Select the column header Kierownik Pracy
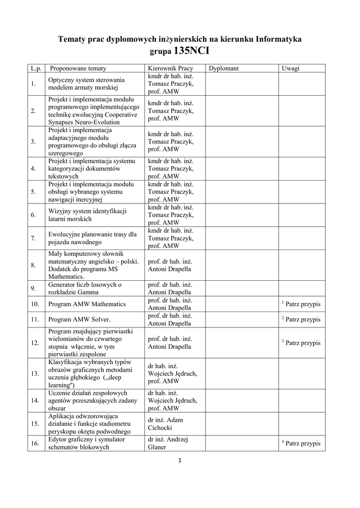point(170,68)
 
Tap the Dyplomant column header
point(224,68)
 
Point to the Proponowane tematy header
point(78,68)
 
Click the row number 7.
point(33,239)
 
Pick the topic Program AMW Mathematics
point(87,304)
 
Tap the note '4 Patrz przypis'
point(301,444)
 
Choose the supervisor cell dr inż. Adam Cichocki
point(165,424)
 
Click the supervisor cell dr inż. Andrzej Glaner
point(168,444)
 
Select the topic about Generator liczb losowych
point(85,289)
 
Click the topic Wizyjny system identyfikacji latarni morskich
point(87,215)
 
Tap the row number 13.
point(35,374)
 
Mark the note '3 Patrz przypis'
point(301,343)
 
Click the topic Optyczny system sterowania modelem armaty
point(86,84)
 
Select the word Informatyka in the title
point(279,38)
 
